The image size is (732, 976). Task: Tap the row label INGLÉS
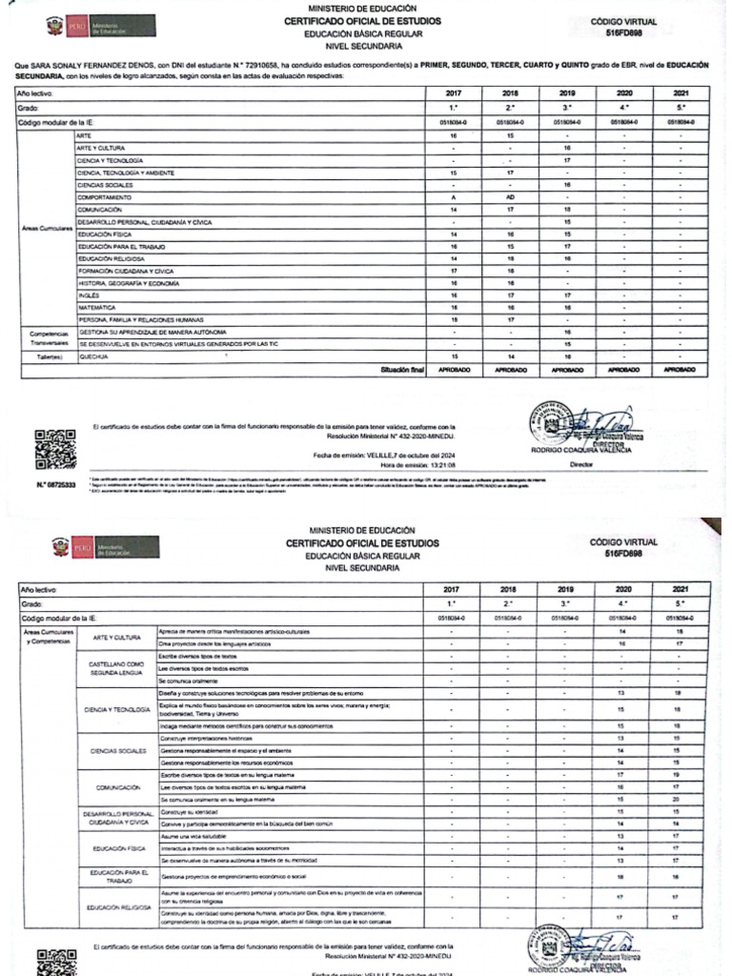(x=89, y=295)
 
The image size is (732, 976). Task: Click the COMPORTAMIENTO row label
(x=105, y=196)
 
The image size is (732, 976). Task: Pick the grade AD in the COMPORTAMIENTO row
(x=511, y=196)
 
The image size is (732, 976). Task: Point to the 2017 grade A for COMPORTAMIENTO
(x=453, y=196)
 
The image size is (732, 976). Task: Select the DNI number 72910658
(x=279, y=66)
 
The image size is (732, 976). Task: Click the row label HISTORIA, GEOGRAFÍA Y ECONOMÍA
(x=129, y=282)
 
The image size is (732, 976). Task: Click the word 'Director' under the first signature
(x=580, y=464)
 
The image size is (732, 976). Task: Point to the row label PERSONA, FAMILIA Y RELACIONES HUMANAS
(x=141, y=319)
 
